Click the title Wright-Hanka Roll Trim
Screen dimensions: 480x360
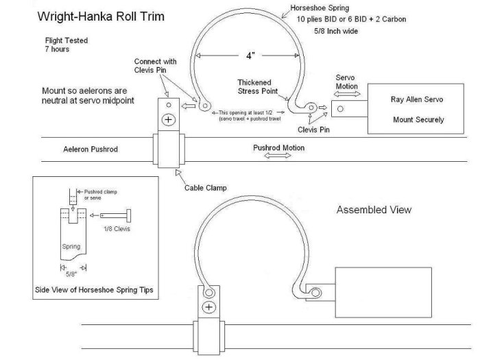tap(101, 16)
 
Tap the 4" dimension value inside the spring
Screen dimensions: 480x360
tap(250, 56)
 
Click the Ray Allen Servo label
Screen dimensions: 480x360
tap(417, 99)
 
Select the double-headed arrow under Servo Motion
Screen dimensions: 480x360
tap(347, 95)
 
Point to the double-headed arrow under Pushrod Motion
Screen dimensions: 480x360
tap(277, 156)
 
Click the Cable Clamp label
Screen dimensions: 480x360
tap(206, 188)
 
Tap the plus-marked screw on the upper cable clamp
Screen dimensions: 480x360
tap(169, 119)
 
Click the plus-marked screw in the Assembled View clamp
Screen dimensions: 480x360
tap(209, 307)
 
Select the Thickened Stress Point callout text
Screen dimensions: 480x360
tap(258, 86)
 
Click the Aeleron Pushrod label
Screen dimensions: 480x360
tap(91, 149)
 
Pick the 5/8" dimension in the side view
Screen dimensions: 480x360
tap(71, 274)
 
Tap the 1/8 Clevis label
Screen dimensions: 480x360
tap(117, 229)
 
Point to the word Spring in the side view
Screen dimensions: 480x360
tap(71, 247)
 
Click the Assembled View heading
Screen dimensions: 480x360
tap(374, 210)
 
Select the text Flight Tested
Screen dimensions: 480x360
tap(67, 40)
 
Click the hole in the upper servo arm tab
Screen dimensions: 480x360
tap(340, 108)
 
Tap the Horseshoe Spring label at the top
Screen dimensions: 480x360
tap(320, 8)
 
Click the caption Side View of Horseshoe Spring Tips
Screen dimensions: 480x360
tap(94, 290)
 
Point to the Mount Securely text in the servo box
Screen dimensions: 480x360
tap(418, 120)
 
